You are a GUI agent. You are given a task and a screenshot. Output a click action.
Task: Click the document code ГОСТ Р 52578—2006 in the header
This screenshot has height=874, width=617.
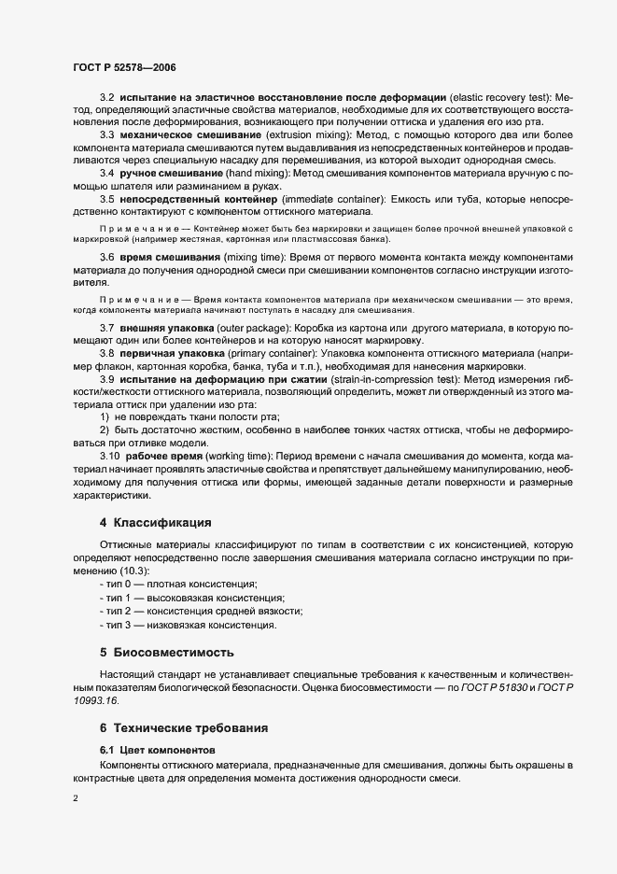(x=124, y=67)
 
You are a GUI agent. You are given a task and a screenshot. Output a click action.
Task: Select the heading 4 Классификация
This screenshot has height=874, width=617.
(x=156, y=521)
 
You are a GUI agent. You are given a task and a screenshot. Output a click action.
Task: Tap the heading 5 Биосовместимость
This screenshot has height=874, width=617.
(x=167, y=651)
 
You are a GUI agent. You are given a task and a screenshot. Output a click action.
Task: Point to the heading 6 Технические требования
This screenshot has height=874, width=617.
(x=186, y=726)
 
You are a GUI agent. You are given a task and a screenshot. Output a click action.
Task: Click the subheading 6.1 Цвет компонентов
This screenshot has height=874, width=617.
(x=158, y=750)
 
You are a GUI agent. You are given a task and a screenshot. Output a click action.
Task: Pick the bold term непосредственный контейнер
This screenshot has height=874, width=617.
(x=198, y=200)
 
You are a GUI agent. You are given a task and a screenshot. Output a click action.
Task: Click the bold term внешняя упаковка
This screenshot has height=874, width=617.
(x=166, y=329)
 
